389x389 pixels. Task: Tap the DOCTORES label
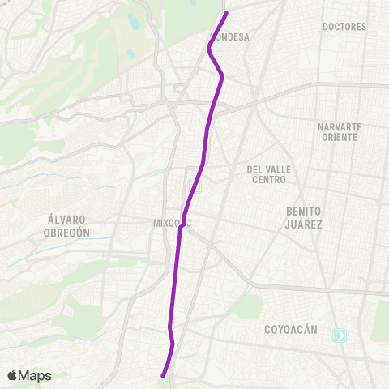click(x=344, y=27)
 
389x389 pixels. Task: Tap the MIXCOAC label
click(x=171, y=223)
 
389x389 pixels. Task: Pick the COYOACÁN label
click(x=289, y=330)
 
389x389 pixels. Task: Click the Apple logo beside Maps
click(x=12, y=375)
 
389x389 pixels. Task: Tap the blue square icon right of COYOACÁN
click(x=339, y=335)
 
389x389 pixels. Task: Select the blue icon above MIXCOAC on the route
click(x=192, y=189)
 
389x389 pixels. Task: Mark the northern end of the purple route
click(x=226, y=12)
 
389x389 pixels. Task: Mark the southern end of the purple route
click(x=164, y=375)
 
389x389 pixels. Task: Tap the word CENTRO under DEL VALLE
click(x=267, y=180)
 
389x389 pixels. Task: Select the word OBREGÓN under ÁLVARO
click(x=67, y=232)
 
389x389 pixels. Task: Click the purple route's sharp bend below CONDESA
click(x=222, y=76)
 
